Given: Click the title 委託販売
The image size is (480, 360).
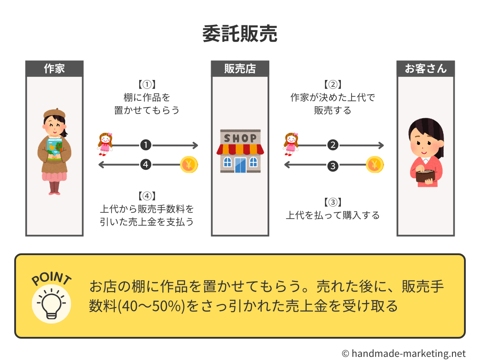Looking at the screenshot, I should tap(240, 34).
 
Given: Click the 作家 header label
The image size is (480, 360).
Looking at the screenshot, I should tap(54, 69).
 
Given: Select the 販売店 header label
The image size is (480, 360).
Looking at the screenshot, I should tap(240, 69).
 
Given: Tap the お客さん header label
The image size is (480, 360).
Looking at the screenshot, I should tap(425, 69).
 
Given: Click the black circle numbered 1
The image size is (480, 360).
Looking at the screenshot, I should tap(146, 145).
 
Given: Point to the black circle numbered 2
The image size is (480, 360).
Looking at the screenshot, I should tap(332, 145).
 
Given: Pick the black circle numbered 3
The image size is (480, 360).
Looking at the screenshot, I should tap(332, 166).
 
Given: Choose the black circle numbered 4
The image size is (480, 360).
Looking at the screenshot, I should tap(146, 165).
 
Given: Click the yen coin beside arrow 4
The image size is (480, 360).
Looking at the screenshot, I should tap(189, 165).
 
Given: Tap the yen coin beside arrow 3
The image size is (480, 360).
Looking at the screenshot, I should tap(375, 165).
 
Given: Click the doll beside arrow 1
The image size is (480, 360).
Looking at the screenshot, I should tap(105, 144).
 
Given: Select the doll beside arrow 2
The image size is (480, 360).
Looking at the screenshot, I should tap(291, 143).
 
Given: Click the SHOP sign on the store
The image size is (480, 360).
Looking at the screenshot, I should tap(240, 138).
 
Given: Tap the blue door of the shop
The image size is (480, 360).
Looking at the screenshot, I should tap(240, 165).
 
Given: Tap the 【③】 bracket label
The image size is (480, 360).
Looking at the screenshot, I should tap(332, 203).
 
